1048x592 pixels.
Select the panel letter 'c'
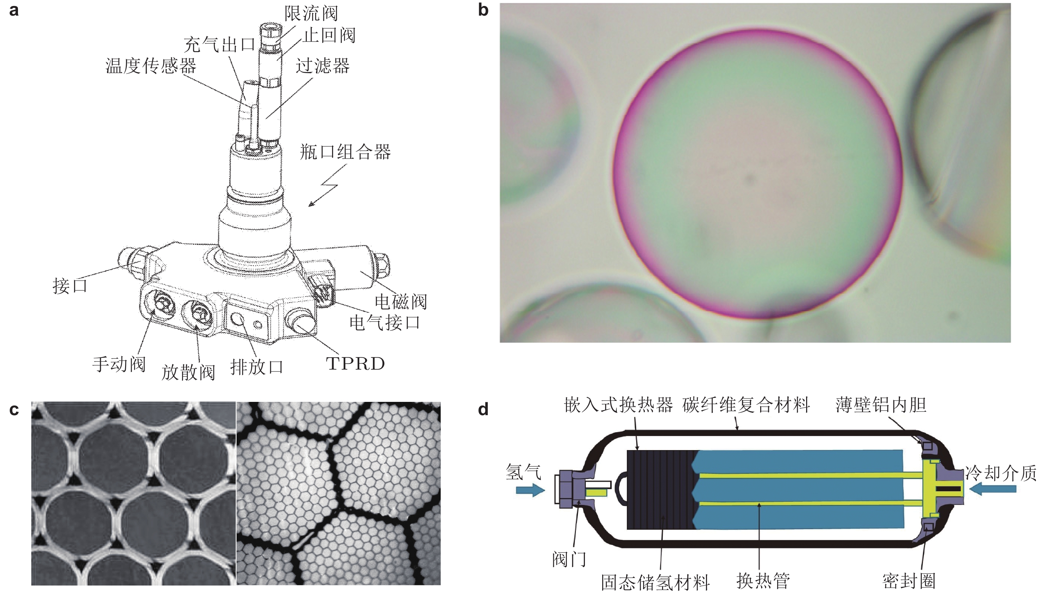(x=14, y=410)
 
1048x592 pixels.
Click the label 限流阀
(x=311, y=13)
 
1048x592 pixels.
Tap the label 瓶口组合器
(x=345, y=152)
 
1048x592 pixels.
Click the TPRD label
(x=355, y=364)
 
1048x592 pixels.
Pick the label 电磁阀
(x=400, y=302)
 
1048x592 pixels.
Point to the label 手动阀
(x=119, y=364)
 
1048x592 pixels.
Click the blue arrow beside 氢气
(x=530, y=490)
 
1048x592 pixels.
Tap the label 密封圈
(x=909, y=581)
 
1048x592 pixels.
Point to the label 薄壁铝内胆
(x=881, y=405)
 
